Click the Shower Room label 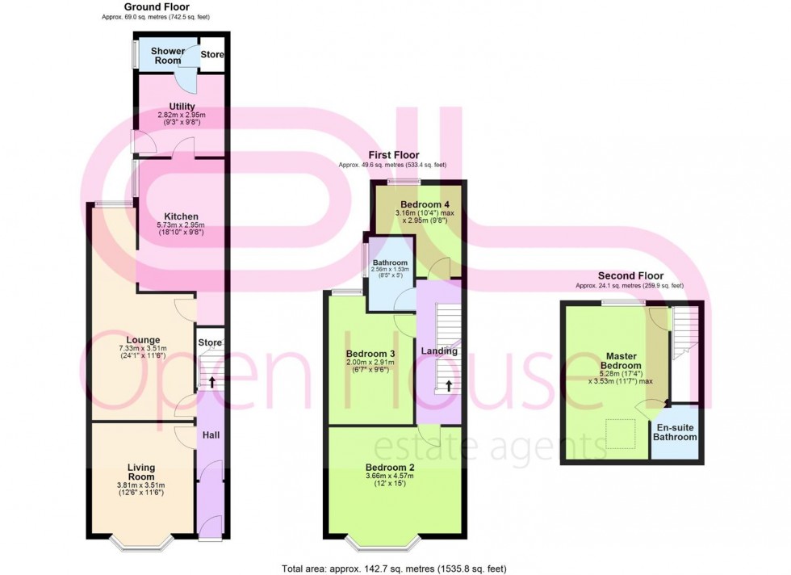pos(167,56)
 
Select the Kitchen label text pos(182,216)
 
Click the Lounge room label pos(142,340)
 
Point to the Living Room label pos(141,472)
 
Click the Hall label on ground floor pos(211,435)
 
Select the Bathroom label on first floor pos(390,263)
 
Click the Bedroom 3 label pos(370,354)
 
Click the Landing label pos(438,350)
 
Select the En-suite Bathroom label pos(676,432)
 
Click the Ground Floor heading pos(157,6)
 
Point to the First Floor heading pos(394,154)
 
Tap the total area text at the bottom pos(394,569)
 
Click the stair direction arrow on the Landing pos(448,387)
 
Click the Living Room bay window pos(141,542)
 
